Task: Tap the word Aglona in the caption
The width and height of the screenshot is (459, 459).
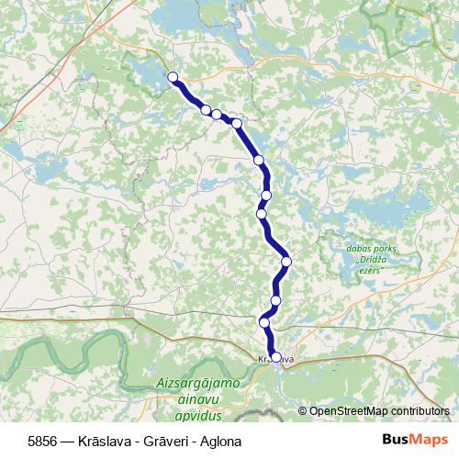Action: pyautogui.click(x=221, y=442)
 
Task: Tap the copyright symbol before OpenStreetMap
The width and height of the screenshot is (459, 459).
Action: pyautogui.click(x=304, y=410)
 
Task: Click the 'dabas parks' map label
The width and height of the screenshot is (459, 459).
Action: pyautogui.click(x=370, y=248)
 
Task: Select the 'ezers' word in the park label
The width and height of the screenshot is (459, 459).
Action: pyautogui.click(x=370, y=270)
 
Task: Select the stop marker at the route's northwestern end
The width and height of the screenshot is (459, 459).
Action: pyautogui.click(x=173, y=77)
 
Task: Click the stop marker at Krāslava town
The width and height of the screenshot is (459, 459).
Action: pyautogui.click(x=275, y=357)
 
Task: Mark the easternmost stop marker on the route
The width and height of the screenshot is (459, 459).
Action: pyautogui.click(x=286, y=262)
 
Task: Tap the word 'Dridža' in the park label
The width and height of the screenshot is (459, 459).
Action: pyautogui.click(x=371, y=259)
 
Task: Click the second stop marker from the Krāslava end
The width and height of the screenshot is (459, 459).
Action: pyautogui.click(x=264, y=322)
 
